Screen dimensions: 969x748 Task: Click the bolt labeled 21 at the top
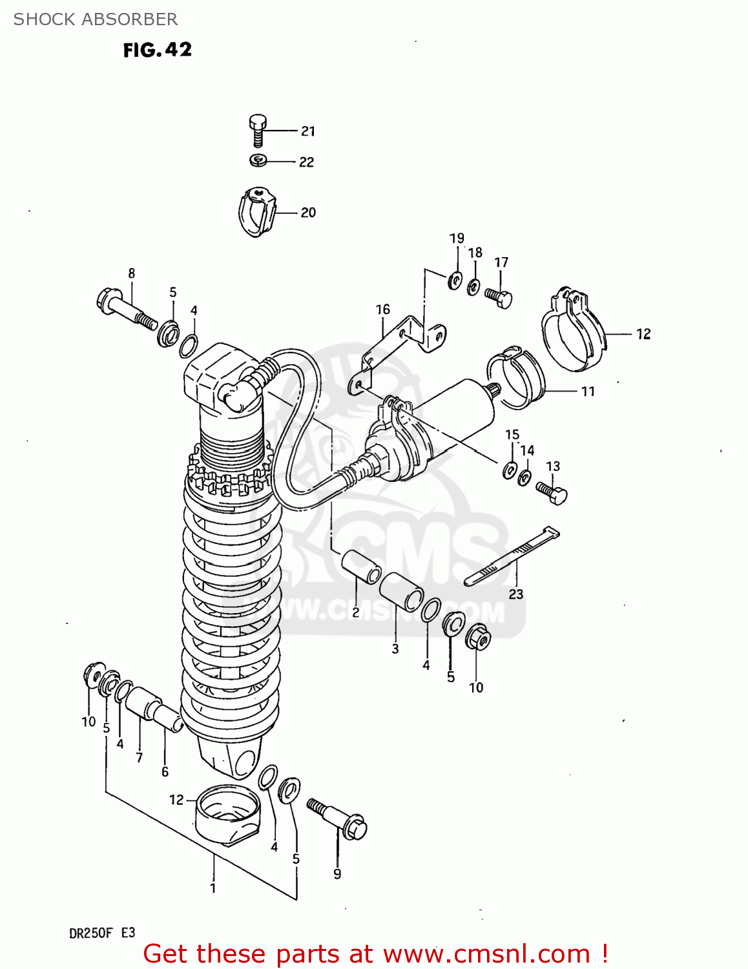click(x=258, y=130)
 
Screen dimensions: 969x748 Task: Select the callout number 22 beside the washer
click(x=306, y=162)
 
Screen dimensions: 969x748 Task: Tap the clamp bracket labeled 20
click(x=256, y=211)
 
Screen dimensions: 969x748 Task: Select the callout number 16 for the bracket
click(x=383, y=309)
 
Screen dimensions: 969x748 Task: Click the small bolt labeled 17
click(x=499, y=297)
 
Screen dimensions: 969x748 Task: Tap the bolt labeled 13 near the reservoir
click(x=552, y=492)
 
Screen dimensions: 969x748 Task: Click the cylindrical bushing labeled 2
click(x=361, y=566)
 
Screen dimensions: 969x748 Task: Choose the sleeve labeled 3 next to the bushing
click(x=401, y=591)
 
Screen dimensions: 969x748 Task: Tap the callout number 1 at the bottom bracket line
click(x=213, y=888)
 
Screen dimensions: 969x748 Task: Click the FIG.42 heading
click(x=158, y=50)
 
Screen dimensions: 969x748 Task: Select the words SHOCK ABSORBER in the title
click(x=96, y=19)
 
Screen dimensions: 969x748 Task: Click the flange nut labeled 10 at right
click(x=477, y=638)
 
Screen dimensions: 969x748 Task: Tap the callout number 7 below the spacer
click(x=139, y=757)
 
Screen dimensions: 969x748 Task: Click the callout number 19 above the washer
click(x=457, y=238)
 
